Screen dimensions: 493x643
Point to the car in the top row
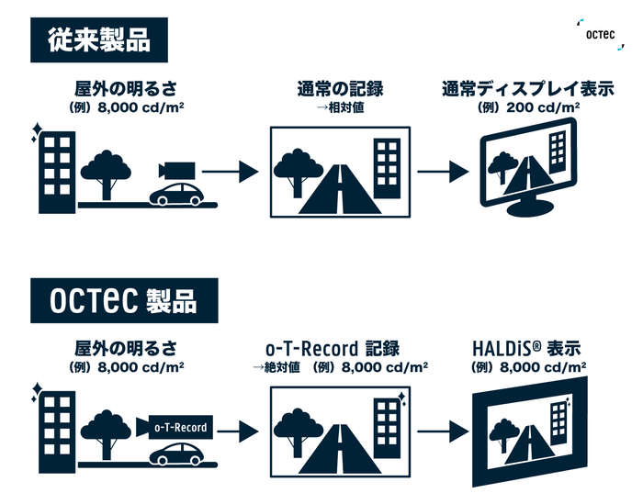coord(176,196)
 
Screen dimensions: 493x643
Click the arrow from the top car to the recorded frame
coord(229,172)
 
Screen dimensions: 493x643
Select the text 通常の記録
coord(339,90)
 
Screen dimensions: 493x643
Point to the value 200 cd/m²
coord(547,108)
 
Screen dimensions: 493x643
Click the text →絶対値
coord(276,367)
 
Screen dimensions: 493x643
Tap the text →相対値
coord(339,108)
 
